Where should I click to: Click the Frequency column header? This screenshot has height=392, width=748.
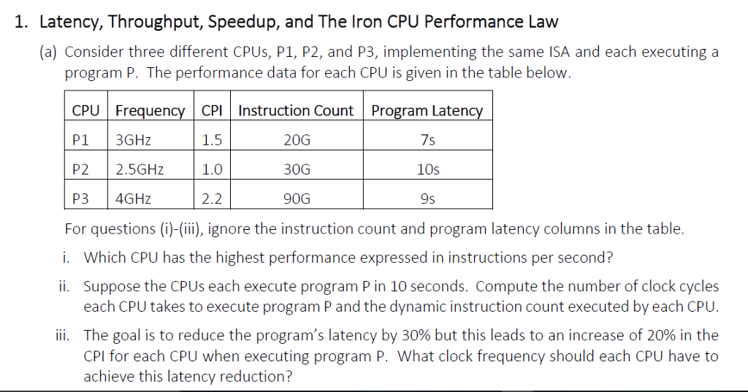click(150, 111)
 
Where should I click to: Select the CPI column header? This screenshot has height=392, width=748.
click(212, 111)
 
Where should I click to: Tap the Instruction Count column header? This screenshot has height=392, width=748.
click(296, 111)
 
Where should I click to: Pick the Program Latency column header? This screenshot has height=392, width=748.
click(427, 111)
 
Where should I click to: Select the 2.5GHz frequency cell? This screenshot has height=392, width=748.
click(140, 169)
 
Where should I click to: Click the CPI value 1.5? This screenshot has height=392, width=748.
click(212, 140)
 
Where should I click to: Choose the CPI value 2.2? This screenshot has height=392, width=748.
click(212, 199)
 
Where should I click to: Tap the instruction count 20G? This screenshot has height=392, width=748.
click(296, 140)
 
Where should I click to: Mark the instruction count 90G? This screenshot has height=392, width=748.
click(296, 199)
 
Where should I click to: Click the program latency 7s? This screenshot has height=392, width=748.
click(428, 140)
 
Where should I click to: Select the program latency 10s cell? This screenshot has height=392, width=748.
click(428, 169)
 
